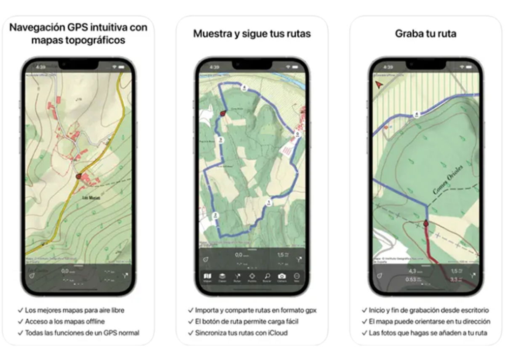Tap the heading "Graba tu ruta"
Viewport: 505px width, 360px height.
click(425, 34)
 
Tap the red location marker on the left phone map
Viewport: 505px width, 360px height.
click(78, 177)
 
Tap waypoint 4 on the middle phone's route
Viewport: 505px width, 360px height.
click(244, 88)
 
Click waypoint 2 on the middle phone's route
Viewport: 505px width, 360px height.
click(215, 215)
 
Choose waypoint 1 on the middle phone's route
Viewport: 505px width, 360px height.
click(268, 202)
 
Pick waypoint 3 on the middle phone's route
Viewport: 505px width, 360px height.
click(220, 139)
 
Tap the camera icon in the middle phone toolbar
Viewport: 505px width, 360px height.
click(282, 276)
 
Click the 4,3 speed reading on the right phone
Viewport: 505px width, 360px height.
click(412, 271)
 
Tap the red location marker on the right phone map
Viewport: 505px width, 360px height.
click(425, 224)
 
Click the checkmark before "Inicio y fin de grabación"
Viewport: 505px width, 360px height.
click(364, 310)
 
